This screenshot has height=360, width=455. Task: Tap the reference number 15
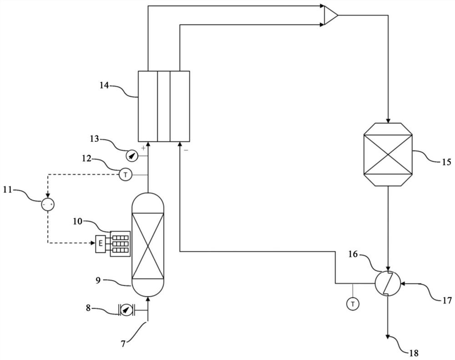[x=447, y=161]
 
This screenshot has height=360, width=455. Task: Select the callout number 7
[x=123, y=344]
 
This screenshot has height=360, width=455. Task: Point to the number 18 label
[x=414, y=353]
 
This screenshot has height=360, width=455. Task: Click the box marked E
[x=101, y=243]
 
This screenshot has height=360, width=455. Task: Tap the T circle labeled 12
[x=126, y=175]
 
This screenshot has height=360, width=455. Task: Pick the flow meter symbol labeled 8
[x=126, y=310]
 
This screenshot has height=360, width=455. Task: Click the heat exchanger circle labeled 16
[x=388, y=283]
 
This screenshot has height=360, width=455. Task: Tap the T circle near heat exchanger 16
[x=353, y=304]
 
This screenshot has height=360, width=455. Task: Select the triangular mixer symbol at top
[x=331, y=15]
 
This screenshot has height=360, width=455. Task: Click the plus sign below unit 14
[x=143, y=148]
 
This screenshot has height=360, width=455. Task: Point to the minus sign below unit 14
[x=186, y=150]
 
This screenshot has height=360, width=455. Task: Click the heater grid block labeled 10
[x=120, y=244]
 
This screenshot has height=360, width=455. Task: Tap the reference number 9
[x=98, y=280]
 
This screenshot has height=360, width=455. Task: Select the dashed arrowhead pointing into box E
[x=93, y=243]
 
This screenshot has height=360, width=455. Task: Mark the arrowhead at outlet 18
[x=388, y=336]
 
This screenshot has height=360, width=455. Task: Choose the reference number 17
[x=447, y=300]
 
